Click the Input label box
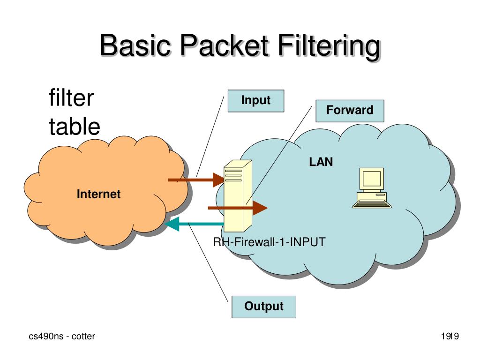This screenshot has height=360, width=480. pos(255,101)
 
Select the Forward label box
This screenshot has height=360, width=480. pos(350,111)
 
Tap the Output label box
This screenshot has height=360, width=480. pos(264,307)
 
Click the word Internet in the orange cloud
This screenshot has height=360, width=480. pos(98,194)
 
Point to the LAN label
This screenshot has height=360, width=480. pos(321,163)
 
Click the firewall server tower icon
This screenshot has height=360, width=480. pos(238,196)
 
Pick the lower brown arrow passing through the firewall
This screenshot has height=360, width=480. pos(237,207)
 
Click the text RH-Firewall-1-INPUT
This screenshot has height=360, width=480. pos(269,242)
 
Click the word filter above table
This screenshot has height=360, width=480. pos(71,99)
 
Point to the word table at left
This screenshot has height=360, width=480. pos(75,127)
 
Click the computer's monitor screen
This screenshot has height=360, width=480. pos(371,179)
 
